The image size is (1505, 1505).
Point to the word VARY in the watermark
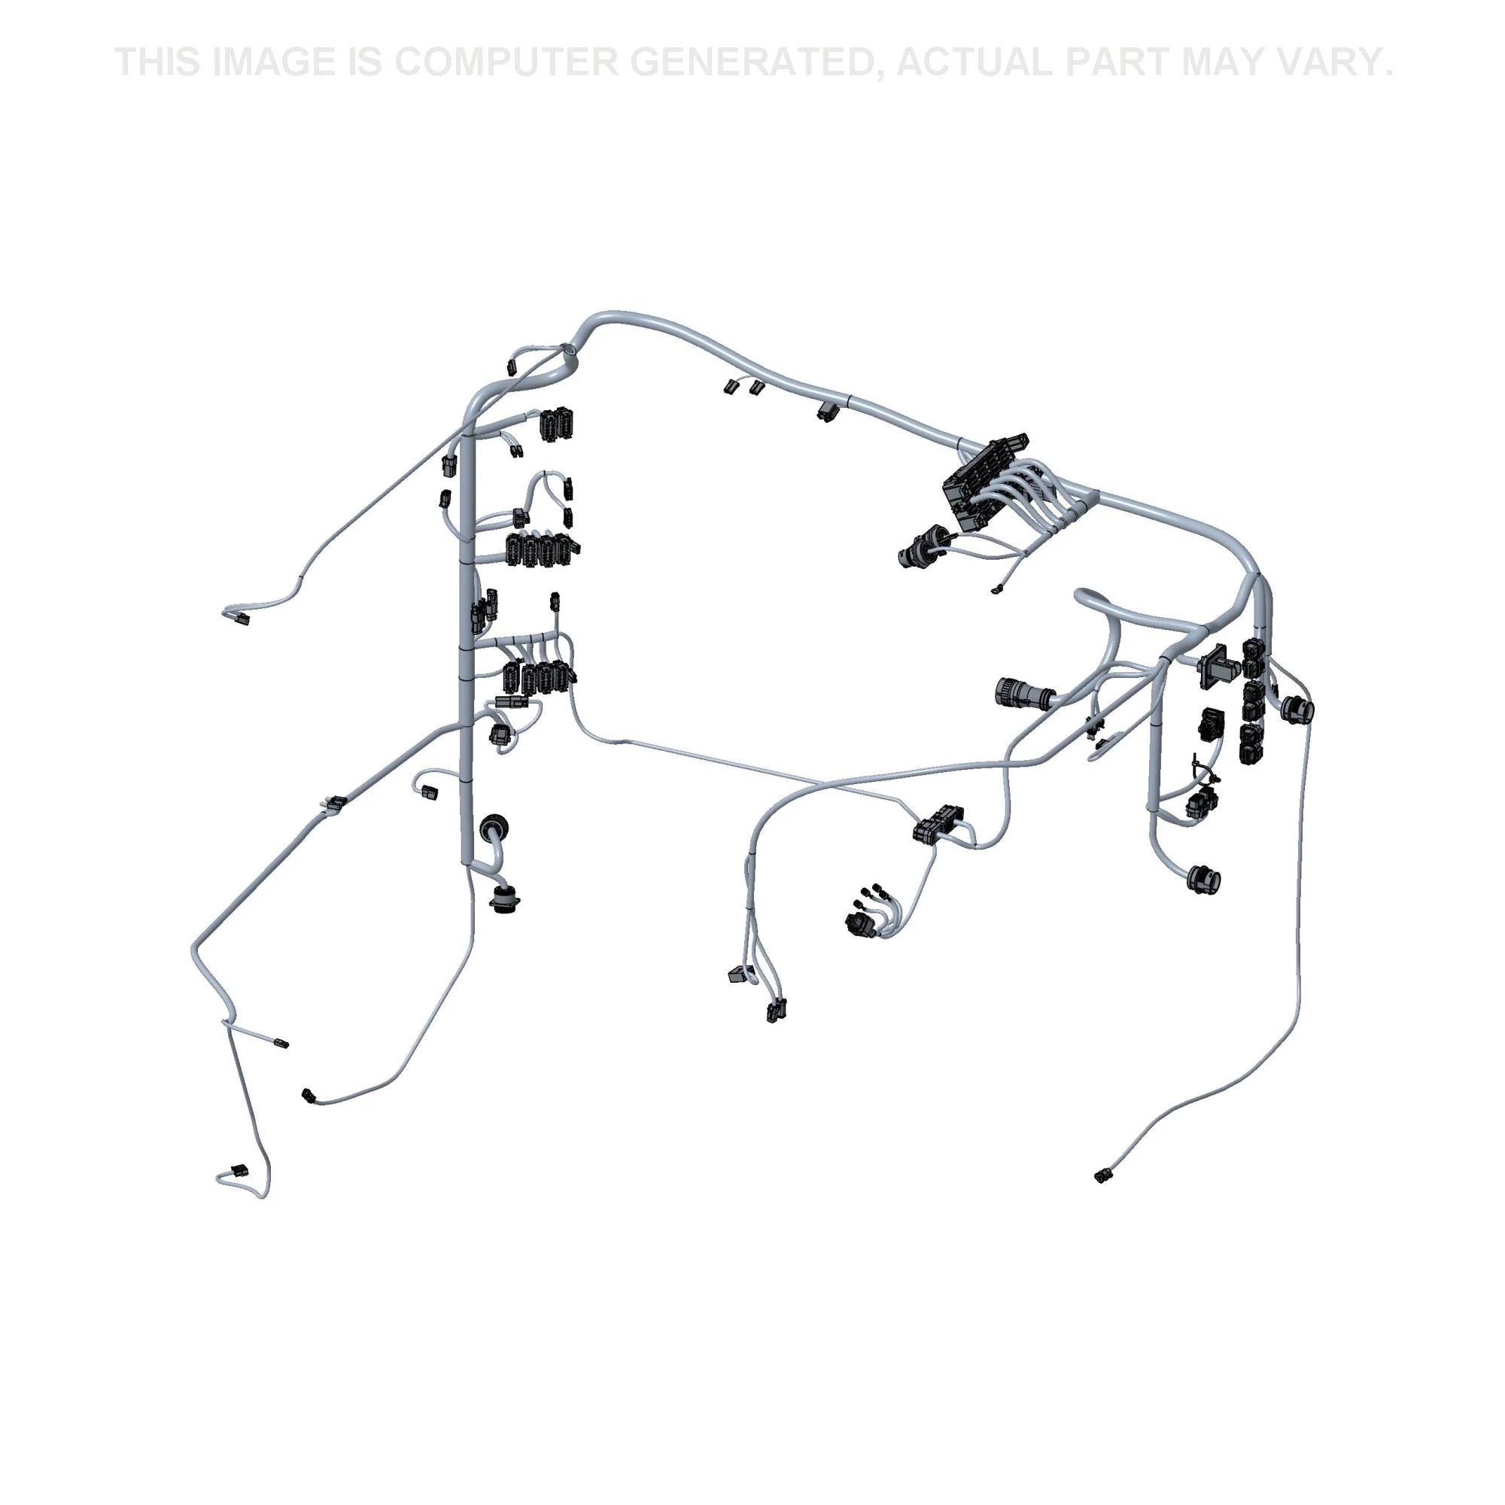[x=1322, y=62]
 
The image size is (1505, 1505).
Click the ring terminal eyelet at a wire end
[x=996, y=591]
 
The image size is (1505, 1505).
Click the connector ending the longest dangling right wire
[x=1104, y=1196]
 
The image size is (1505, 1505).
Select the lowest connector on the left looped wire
[x=237, y=1193]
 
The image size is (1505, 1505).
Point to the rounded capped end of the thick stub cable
[x=1083, y=596]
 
